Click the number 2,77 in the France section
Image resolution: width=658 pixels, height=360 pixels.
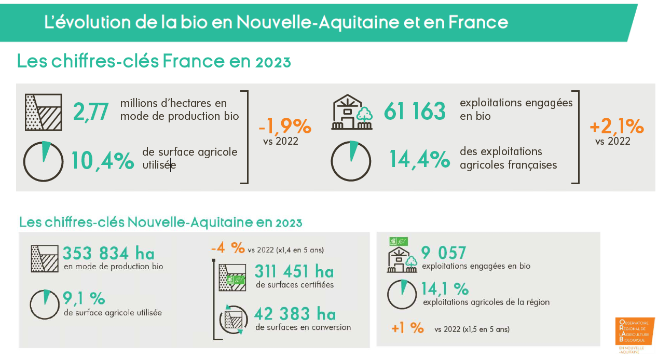coord(91,112)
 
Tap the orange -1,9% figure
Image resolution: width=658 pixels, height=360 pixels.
coord(284,126)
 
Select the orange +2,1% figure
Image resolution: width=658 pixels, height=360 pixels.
coord(616,126)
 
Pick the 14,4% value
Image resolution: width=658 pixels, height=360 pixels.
coord(419,160)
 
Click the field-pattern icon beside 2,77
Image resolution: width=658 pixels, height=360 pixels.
coord(44,112)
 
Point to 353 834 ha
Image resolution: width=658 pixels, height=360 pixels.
coord(108,254)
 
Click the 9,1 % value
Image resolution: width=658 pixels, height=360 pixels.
coord(84,298)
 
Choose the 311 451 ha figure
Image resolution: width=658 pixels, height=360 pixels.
coord(294,271)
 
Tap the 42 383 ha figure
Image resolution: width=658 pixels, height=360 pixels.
coord(295,314)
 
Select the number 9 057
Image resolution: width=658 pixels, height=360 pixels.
coord(444,253)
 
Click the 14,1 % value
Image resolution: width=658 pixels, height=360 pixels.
coord(445,288)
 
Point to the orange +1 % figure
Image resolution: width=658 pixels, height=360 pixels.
coord(408,328)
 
